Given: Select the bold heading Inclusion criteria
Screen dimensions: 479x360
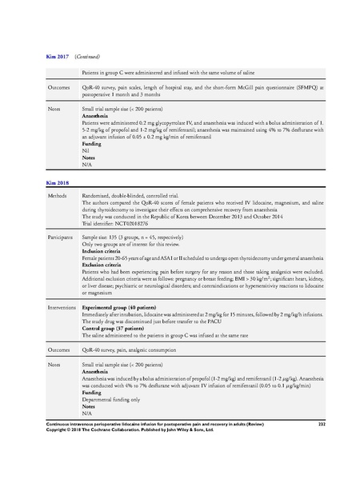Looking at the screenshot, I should point(106,250).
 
